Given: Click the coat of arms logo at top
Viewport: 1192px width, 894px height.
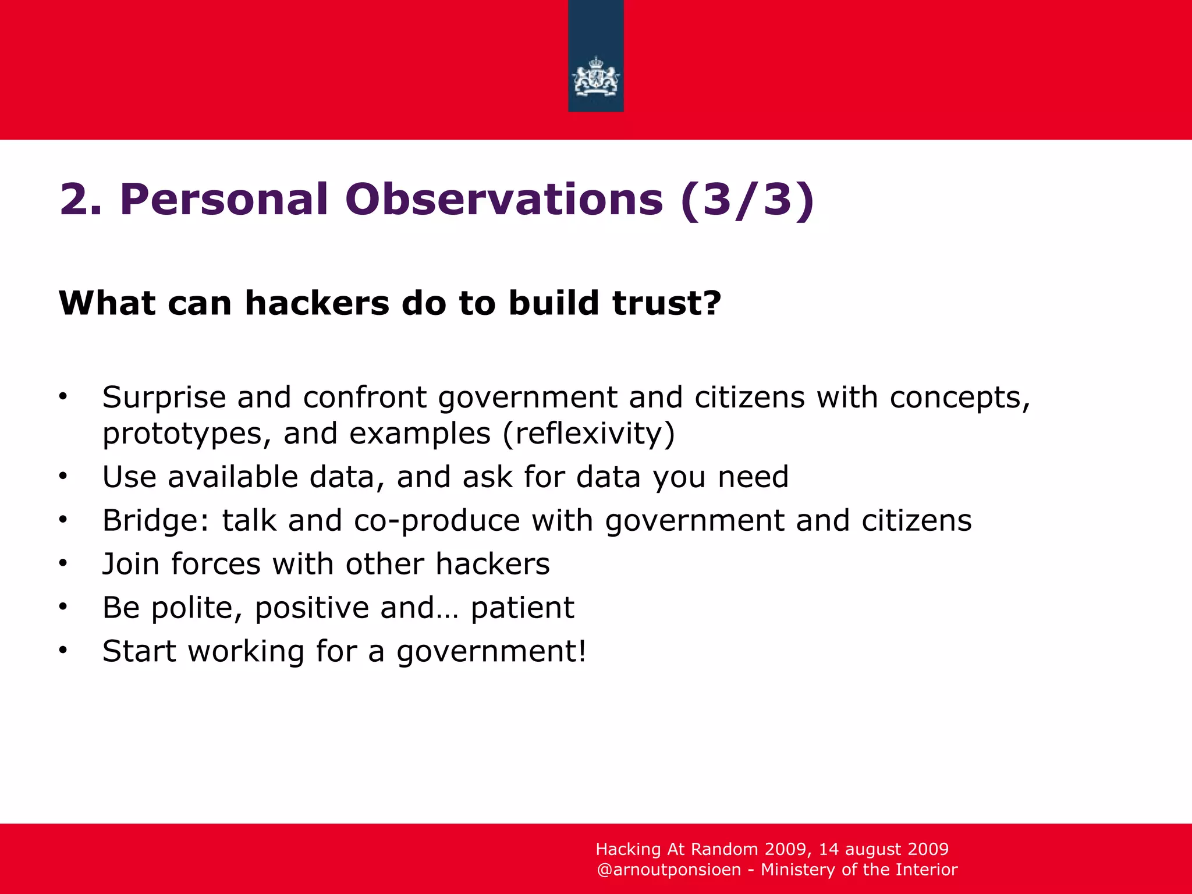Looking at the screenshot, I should point(595,79).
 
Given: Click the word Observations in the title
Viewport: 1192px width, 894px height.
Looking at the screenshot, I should point(504,200).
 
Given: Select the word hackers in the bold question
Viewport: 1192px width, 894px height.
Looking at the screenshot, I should point(317,303).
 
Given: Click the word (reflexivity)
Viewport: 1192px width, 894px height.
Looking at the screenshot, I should point(588,434).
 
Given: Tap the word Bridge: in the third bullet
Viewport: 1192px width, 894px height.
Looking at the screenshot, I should point(155,520).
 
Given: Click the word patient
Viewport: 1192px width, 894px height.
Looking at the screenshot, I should point(522,608).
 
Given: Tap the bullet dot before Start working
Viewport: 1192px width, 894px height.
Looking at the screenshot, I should point(63,650).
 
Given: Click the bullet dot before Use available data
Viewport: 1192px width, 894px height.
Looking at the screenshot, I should point(63,476).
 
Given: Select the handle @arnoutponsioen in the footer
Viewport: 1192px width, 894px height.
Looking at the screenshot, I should point(669,870).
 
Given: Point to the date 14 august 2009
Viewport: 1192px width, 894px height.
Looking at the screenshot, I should point(884,849).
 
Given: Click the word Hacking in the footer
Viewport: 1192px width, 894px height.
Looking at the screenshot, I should point(628,849).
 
